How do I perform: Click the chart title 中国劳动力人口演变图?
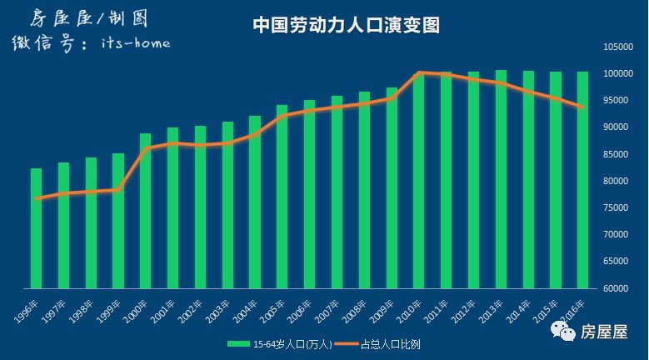[346, 26]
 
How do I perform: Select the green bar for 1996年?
[36, 228]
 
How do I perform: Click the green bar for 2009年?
[391, 187]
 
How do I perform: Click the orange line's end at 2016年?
[582, 107]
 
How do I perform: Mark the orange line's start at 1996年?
[37, 198]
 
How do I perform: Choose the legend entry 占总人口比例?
[384, 342]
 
